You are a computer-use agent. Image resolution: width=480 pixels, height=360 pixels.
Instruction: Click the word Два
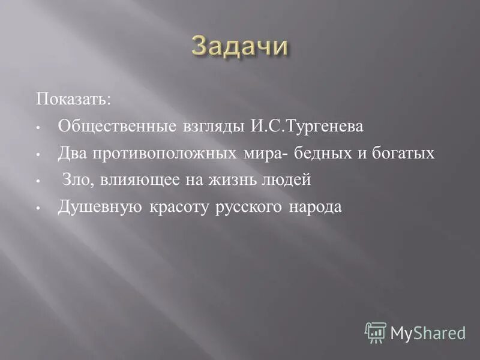click(71, 154)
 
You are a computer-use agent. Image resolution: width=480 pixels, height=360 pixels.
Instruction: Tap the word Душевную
click(100, 207)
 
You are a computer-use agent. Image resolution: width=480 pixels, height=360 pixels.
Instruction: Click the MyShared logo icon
click(376, 332)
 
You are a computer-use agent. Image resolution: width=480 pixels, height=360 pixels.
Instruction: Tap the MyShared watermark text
click(428, 332)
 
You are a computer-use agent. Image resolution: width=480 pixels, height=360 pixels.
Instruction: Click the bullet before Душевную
click(37, 208)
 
